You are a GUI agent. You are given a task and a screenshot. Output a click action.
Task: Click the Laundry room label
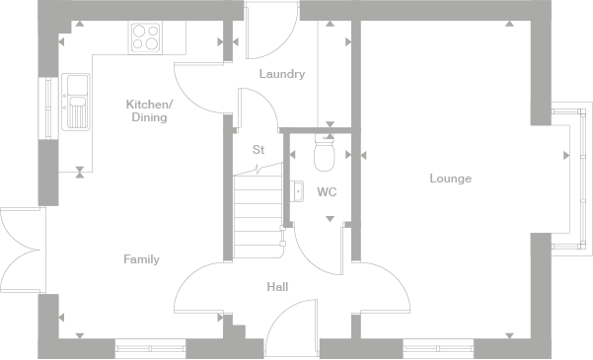(x=281, y=74)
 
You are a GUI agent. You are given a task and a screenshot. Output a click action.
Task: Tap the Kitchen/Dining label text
(x=149, y=110)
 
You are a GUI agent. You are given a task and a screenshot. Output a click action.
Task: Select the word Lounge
(x=450, y=179)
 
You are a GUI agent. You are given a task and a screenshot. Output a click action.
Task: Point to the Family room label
(x=141, y=259)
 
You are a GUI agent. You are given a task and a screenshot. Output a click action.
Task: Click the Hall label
(x=277, y=287)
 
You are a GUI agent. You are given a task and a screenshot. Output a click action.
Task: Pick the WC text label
(x=327, y=192)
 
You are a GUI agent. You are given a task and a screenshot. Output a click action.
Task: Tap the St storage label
(x=259, y=150)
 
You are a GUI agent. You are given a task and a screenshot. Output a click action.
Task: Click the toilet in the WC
(x=324, y=153)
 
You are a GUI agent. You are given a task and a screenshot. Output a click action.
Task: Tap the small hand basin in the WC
(x=295, y=191)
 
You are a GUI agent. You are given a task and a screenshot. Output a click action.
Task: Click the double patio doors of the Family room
(x=22, y=251)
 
